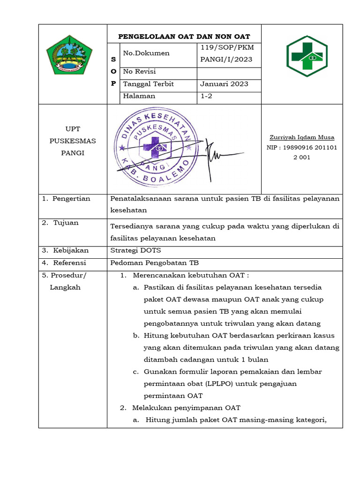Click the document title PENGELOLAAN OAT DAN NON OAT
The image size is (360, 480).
coord(184,37)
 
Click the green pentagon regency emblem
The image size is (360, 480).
coord(69,55)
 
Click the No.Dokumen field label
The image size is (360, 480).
coord(146,53)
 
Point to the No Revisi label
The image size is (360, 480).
coord(139,72)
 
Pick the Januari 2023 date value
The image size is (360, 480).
coord(224,84)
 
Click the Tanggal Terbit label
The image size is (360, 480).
coord(148,84)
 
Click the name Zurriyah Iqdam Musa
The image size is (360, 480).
coord(302,137)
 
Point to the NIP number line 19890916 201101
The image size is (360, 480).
coord(302,148)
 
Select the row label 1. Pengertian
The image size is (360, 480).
coord(66,199)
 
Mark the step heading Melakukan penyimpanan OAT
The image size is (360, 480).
coord(187,408)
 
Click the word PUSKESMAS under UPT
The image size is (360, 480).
coord(73,141)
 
